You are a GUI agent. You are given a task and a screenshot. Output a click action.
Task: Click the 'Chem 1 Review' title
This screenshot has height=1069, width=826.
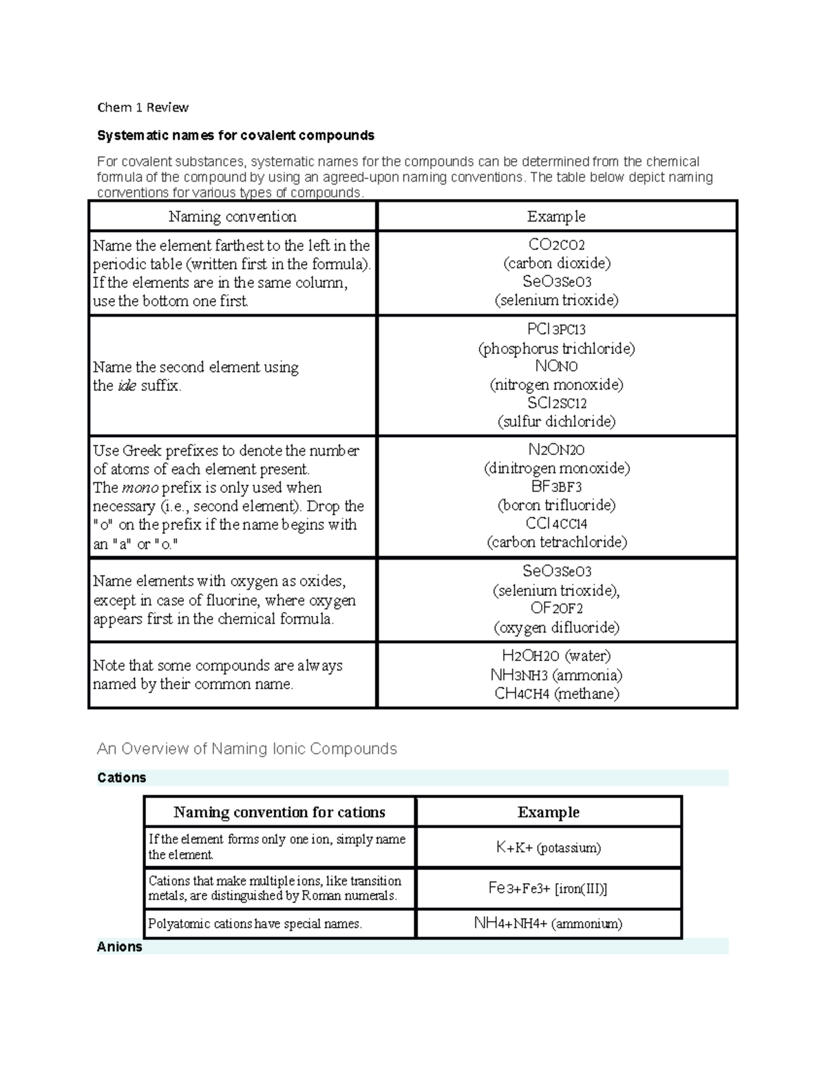coord(142,107)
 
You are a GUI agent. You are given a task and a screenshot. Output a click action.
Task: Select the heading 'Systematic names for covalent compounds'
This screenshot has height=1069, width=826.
coord(235,135)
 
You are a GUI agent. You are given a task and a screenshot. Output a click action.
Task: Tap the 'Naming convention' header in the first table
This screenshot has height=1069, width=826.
coord(233,217)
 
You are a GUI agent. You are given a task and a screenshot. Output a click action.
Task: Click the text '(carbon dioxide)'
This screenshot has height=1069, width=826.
coord(556,263)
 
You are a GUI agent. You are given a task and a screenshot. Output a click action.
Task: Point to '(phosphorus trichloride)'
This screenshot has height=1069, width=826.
coord(556,348)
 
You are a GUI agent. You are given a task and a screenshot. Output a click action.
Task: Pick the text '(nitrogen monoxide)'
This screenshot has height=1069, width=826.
coord(556,384)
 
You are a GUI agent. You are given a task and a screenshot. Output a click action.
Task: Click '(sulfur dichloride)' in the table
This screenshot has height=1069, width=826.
coord(556,421)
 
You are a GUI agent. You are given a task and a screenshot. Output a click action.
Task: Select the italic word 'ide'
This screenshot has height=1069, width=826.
coord(127,385)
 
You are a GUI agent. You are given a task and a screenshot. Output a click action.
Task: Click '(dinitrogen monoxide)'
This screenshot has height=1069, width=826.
coord(556,468)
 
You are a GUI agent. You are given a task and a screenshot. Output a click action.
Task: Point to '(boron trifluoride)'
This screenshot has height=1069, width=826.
coord(556,505)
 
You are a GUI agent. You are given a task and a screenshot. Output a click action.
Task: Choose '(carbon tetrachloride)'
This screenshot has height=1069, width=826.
coord(556,542)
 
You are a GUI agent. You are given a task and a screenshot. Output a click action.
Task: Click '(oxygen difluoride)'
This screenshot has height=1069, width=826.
coord(556,627)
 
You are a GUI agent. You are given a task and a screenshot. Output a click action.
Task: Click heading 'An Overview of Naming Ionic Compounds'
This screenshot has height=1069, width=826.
coord(247,749)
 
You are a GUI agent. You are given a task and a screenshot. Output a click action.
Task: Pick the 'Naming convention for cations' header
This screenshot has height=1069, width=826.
coord(279,812)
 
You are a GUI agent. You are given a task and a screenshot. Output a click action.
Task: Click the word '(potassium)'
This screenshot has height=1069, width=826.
coord(569,847)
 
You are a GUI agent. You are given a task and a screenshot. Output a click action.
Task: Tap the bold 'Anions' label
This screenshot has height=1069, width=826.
coord(120,946)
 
